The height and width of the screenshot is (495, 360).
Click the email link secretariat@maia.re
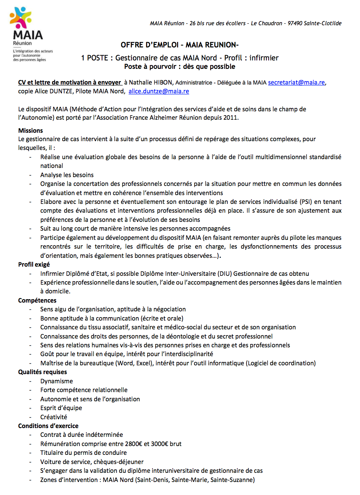(296, 82)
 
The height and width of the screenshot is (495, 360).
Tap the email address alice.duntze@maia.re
(159, 91)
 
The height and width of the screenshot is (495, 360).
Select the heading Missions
(31, 130)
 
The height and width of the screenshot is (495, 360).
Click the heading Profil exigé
(34, 264)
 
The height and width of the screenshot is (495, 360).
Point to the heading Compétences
(37, 300)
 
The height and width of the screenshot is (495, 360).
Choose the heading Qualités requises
(42, 372)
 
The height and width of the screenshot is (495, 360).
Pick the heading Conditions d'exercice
(48, 426)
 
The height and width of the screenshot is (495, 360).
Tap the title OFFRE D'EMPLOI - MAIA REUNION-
(180, 45)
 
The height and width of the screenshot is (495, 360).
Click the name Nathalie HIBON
(151, 82)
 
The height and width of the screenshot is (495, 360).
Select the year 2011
(230, 117)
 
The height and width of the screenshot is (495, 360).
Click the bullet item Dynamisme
(57, 381)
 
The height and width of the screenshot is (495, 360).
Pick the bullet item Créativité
(54, 417)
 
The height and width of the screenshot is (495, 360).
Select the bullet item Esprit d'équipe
(61, 408)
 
